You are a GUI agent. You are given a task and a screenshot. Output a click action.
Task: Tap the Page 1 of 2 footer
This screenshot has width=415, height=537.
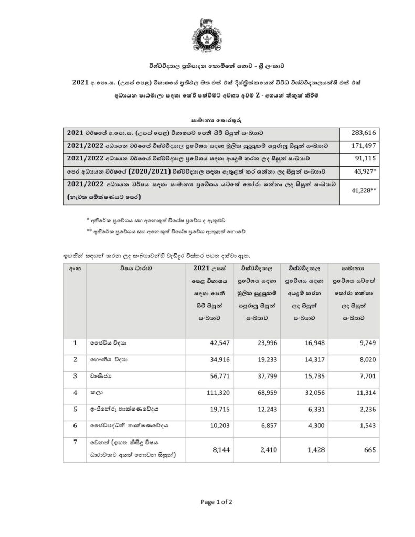tap(217, 502)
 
